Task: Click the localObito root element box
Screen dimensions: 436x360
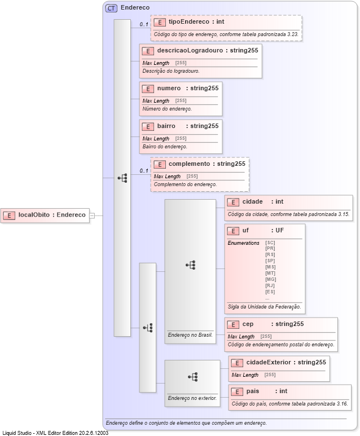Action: (46, 215)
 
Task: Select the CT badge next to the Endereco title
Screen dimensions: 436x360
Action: (111, 8)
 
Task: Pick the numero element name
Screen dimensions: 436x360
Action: (169, 89)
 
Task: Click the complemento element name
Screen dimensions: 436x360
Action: (189, 164)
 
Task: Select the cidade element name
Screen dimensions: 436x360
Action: (253, 202)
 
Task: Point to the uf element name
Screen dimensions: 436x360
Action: (245, 231)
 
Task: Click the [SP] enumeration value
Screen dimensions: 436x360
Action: (270, 261)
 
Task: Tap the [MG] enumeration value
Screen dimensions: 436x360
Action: (270, 279)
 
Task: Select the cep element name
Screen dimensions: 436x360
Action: (248, 324)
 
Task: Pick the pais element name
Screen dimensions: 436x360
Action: (253, 391)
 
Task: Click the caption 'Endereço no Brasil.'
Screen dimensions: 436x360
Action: (190, 334)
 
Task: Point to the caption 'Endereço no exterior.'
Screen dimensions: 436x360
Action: (192, 398)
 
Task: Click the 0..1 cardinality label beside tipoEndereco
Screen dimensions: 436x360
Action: (144, 24)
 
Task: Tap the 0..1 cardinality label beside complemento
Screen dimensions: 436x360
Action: (144, 170)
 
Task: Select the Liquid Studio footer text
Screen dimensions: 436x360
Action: (55, 433)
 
